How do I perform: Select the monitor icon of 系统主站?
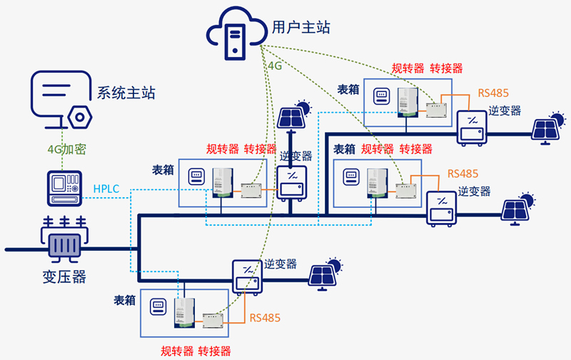coord(61,94)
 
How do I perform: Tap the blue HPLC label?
coord(107,189)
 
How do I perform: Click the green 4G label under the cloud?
coord(275,66)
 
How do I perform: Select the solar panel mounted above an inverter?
coord(294,114)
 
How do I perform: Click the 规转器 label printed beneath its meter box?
coord(176,351)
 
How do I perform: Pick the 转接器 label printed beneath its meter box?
coord(214,351)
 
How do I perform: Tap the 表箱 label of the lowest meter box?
coord(125,300)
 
